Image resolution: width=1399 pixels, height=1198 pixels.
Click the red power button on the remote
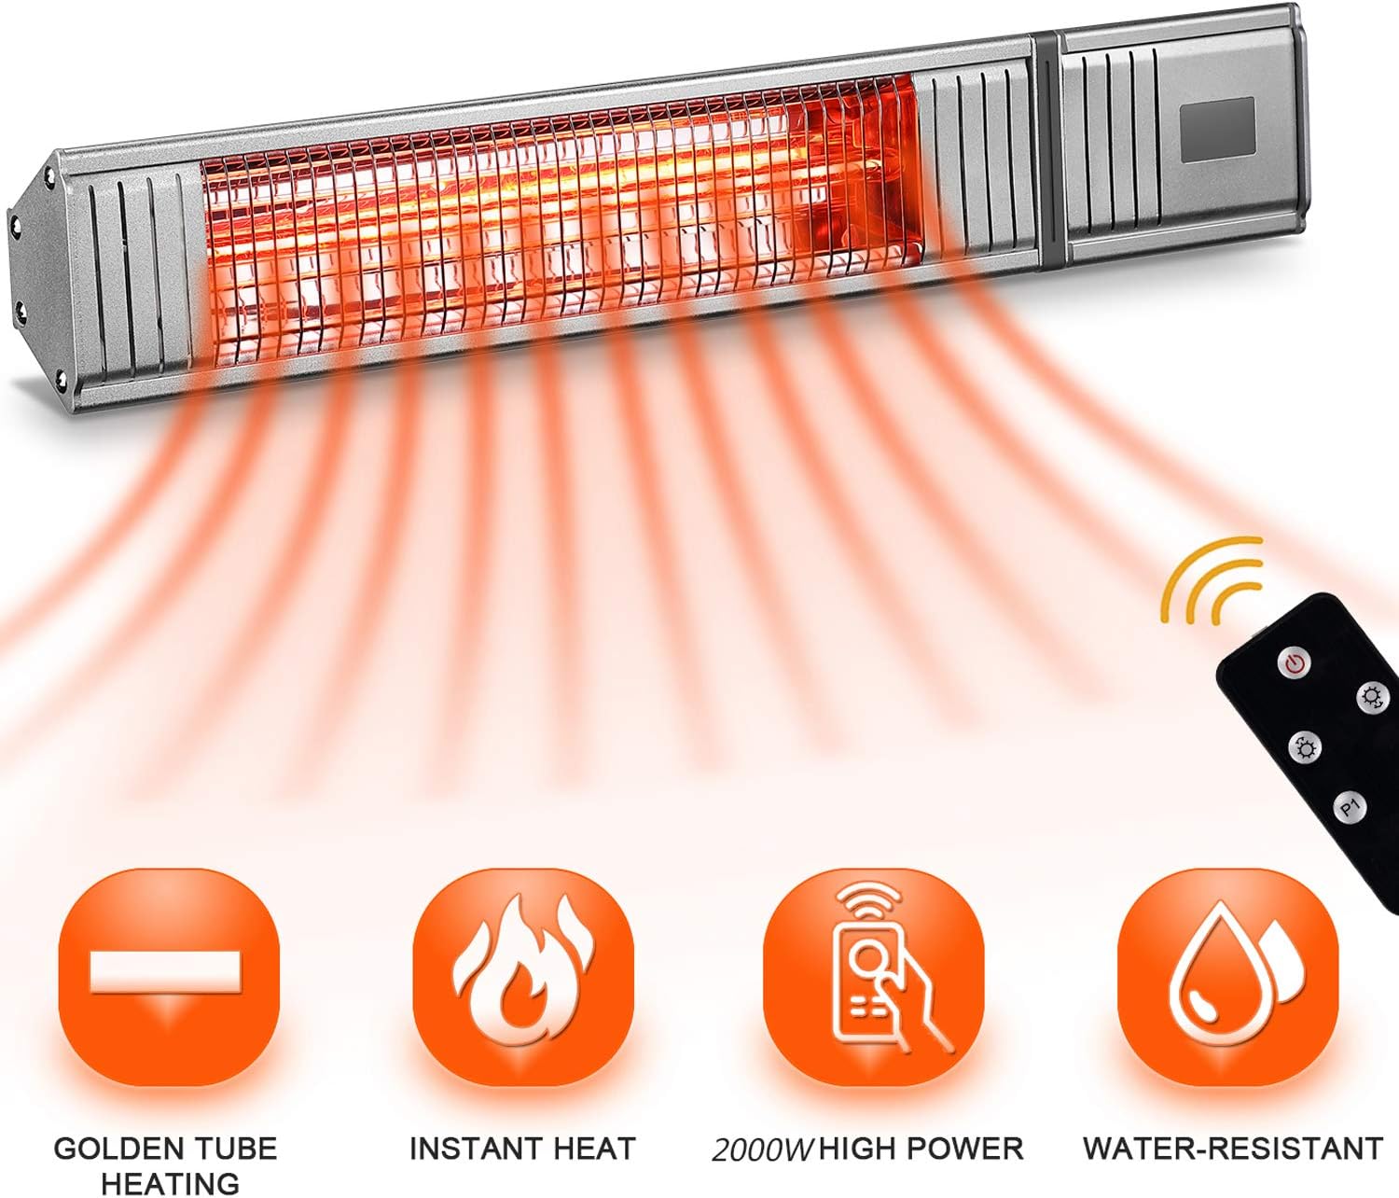(x=1295, y=664)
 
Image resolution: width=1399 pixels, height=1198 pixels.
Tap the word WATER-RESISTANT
(x=1232, y=1148)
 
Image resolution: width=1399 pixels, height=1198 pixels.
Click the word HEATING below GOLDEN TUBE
(x=170, y=1183)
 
